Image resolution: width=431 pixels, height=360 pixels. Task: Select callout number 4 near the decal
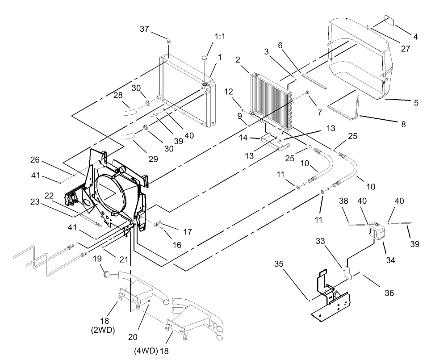click(x=415, y=37)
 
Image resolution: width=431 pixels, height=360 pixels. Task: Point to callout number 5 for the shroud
click(x=416, y=103)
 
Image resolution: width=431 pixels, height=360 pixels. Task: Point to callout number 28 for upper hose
click(x=118, y=96)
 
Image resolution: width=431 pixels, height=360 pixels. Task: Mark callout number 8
click(x=403, y=125)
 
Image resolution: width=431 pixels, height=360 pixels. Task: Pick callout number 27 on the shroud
click(x=405, y=49)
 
